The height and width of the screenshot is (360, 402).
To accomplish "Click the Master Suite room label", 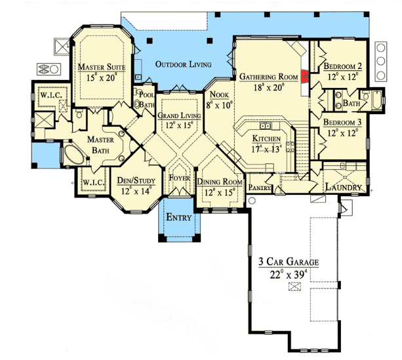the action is pyautogui.click(x=102, y=67).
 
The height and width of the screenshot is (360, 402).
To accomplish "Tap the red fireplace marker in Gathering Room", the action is pyautogui.click(x=305, y=77).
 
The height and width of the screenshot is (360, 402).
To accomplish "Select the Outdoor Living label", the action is pyautogui.click(x=184, y=64).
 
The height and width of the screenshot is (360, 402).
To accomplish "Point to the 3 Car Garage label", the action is pyautogui.click(x=289, y=262).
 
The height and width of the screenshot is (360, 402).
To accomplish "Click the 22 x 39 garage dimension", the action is pyautogui.click(x=289, y=275).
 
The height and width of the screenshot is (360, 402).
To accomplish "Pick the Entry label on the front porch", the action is pyautogui.click(x=178, y=218).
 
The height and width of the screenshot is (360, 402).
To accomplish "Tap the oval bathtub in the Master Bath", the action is pyautogui.click(x=74, y=155).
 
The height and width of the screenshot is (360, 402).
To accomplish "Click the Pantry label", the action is pyautogui.click(x=260, y=188).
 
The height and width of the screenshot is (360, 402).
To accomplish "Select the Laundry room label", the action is pyautogui.click(x=343, y=188).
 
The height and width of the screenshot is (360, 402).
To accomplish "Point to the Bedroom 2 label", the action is pyautogui.click(x=342, y=66).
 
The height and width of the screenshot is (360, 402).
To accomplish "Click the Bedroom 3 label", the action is pyautogui.click(x=342, y=123).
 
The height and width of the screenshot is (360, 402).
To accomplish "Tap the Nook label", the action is pyautogui.click(x=219, y=94).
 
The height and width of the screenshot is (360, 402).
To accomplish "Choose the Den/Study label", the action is pyautogui.click(x=136, y=180).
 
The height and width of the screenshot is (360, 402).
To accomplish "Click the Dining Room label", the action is pyautogui.click(x=220, y=182).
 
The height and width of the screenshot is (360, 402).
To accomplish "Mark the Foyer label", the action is pyautogui.click(x=179, y=178).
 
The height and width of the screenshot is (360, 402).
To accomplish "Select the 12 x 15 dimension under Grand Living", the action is pyautogui.click(x=179, y=125).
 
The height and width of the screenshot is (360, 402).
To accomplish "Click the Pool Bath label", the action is pyautogui.click(x=147, y=100).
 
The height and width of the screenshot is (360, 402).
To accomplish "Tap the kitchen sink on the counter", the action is pyautogui.click(x=265, y=126).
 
